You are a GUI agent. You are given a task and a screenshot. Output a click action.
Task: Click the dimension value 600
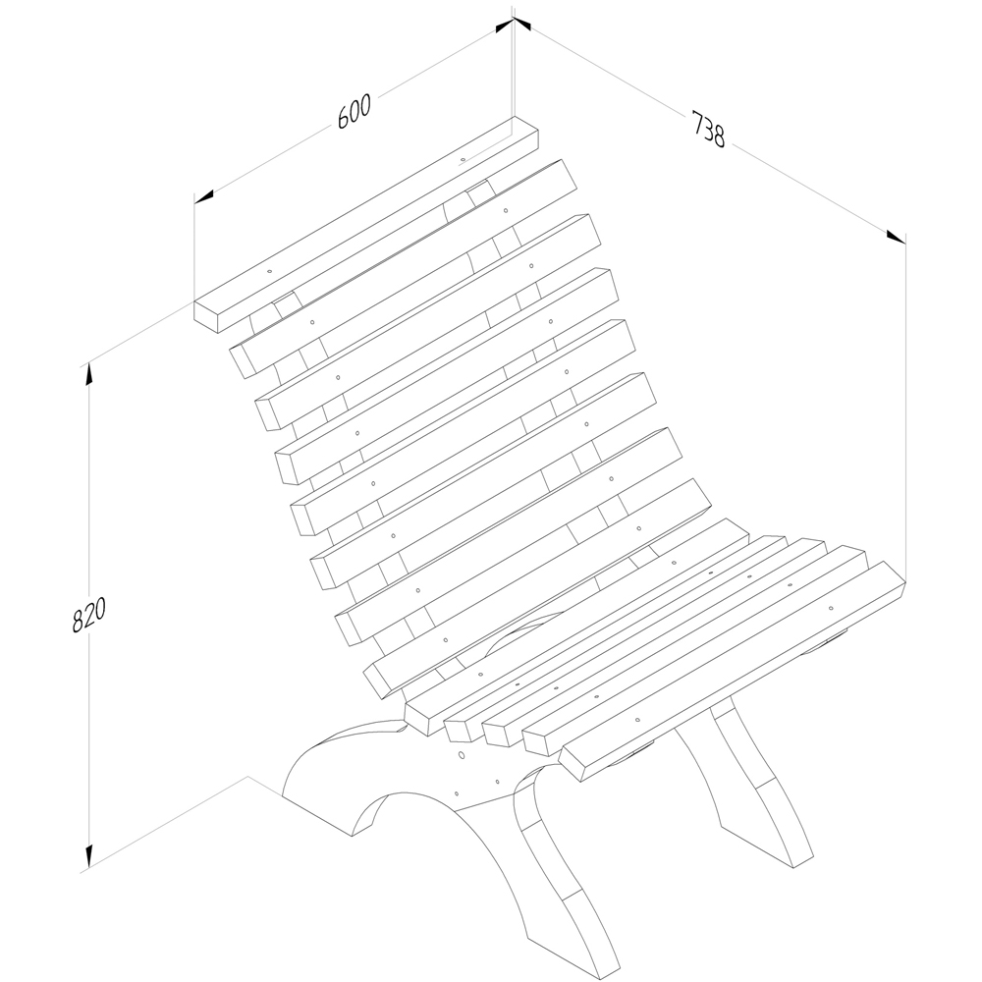pyautogui.click(x=355, y=112)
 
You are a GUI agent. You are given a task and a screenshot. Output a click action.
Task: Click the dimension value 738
pyautogui.click(x=708, y=129)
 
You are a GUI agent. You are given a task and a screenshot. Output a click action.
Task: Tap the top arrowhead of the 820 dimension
pyautogui.click(x=89, y=373)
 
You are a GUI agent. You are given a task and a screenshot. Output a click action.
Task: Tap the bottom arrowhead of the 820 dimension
pyautogui.click(x=89, y=856)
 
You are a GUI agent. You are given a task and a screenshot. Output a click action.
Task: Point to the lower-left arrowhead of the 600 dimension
pyautogui.click(x=203, y=196)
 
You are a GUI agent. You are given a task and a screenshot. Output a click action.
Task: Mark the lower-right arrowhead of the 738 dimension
pyautogui.click(x=897, y=238)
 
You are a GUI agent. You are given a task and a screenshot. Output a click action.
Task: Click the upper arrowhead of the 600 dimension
pyautogui.click(x=504, y=26)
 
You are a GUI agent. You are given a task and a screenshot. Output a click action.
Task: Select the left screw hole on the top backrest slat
pyautogui.click(x=269, y=272)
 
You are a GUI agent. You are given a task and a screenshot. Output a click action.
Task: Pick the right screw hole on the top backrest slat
pyautogui.click(x=463, y=160)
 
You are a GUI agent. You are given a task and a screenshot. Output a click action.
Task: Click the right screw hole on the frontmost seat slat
pyautogui.click(x=831, y=608)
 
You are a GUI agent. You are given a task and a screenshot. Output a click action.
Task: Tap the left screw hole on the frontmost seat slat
pyautogui.click(x=637, y=720)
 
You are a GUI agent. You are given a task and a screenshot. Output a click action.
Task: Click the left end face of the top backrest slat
pyautogui.click(x=206, y=317)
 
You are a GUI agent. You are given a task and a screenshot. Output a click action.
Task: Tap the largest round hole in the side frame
pyautogui.click(x=461, y=755)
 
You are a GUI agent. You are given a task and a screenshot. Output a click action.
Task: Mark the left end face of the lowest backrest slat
pyautogui.click(x=377, y=682)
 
